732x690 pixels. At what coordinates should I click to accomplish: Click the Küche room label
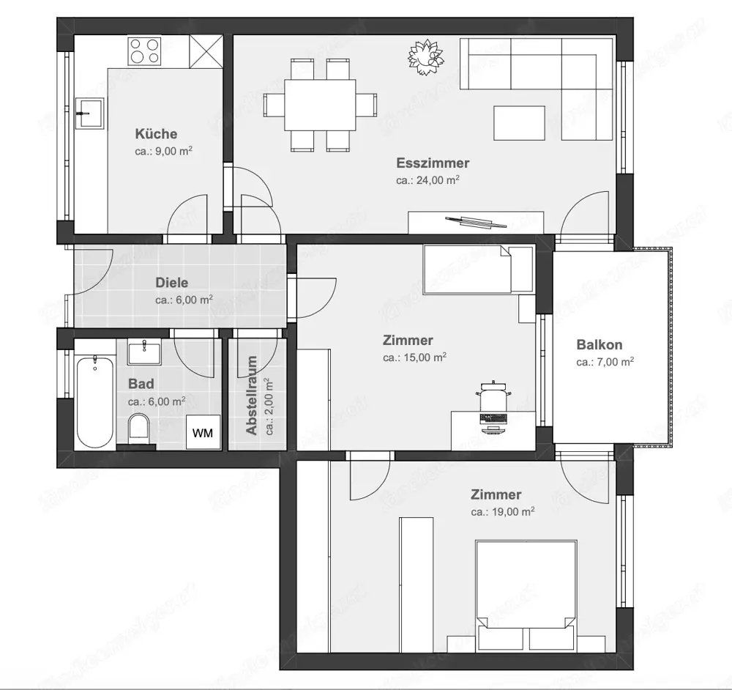point(156,134)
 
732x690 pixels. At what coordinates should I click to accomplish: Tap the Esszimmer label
point(433,163)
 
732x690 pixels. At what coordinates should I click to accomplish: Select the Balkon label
point(600,344)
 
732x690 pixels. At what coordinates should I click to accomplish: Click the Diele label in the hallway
point(172,283)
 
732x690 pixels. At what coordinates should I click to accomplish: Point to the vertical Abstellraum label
point(253,396)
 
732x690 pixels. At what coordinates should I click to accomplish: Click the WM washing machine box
point(203,433)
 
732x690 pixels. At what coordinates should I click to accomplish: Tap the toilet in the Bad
point(138,428)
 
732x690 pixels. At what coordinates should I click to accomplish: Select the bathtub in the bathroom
point(95,401)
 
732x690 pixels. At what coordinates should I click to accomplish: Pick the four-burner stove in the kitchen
point(145,51)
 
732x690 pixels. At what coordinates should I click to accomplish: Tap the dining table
point(320,105)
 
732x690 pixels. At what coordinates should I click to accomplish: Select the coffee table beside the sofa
point(519,123)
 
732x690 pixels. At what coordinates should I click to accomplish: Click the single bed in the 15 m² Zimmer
point(477,270)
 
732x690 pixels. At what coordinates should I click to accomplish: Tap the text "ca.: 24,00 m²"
point(428,179)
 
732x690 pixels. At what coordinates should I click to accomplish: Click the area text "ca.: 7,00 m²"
point(605,362)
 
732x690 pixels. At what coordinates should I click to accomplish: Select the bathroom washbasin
point(145,352)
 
